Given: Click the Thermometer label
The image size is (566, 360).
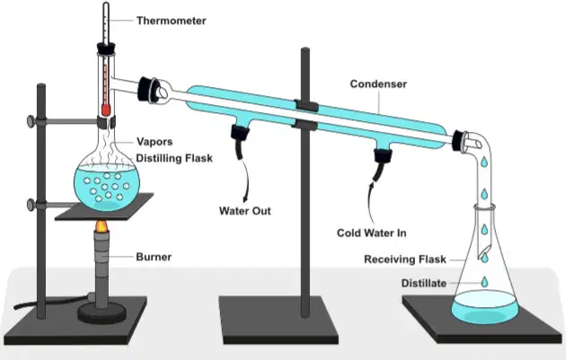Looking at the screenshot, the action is coord(171,21).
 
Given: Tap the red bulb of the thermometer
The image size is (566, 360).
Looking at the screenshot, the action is coord(105,110).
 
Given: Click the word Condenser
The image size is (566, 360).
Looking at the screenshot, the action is coord(378,84).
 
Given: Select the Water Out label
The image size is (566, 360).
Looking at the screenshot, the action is coord(244,211).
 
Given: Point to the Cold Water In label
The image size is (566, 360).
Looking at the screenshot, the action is coord(371,233).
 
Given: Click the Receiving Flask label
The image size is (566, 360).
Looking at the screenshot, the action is coord(405,259).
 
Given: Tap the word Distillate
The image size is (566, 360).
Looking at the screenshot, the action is coord(424,283).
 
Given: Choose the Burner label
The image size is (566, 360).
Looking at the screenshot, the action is coord(154,257).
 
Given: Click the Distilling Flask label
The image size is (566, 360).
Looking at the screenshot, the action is coord(174,158).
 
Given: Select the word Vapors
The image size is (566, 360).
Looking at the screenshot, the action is coord(155,142).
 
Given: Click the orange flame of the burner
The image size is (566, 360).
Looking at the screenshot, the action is coord(102,226).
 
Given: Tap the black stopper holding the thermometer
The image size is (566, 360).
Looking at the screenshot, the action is coord(106,48).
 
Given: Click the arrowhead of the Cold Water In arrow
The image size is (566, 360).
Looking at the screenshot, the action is coord(371,184).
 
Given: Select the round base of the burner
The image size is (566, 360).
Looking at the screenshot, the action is coord(102,313).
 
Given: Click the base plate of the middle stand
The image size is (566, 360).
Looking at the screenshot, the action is coord(279,320).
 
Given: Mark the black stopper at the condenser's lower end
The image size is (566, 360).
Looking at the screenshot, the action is coord(458,141).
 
